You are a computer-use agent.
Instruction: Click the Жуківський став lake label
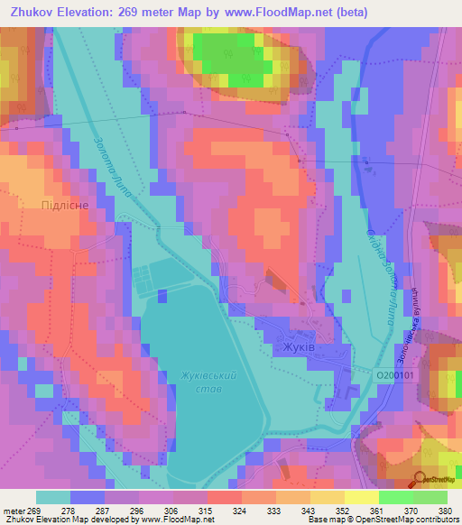pos(208,382)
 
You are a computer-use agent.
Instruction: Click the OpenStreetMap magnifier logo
pos(420,480)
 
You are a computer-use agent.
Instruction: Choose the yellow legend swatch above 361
pos(361,497)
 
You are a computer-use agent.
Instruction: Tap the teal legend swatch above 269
pos(53,497)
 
